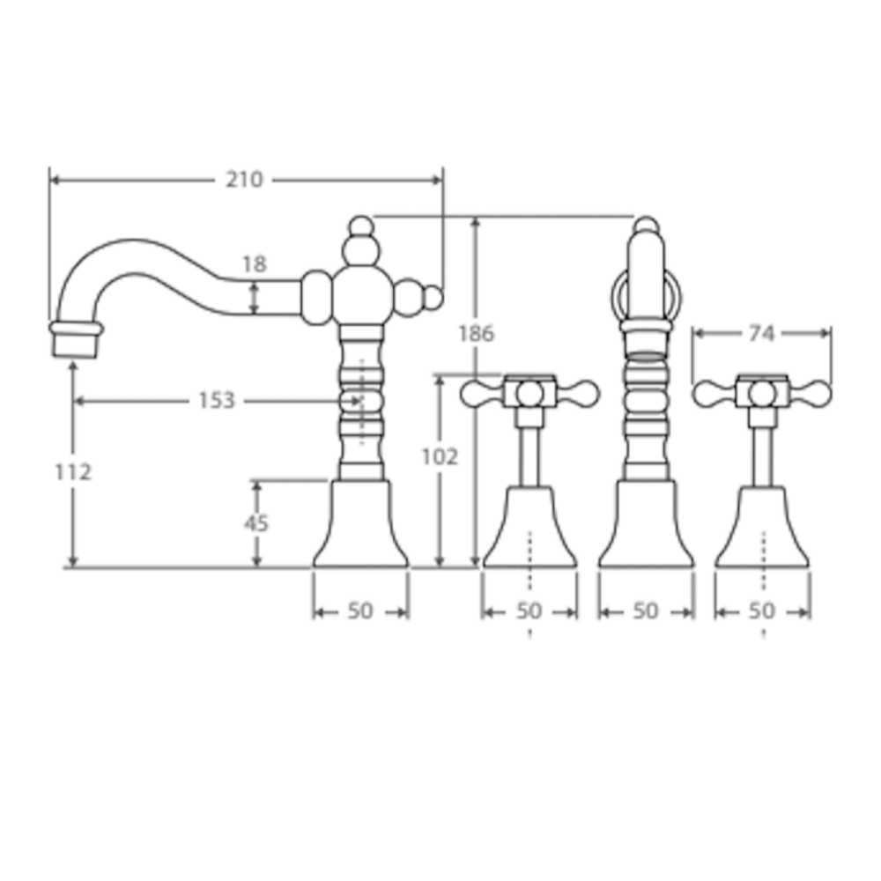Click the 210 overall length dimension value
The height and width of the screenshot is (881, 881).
coord(244,180)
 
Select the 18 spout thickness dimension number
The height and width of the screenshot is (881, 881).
coord(255,264)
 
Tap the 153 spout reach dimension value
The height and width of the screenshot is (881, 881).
coord(216,401)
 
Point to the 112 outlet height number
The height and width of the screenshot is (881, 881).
coord(73,471)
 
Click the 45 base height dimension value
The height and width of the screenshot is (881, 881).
coord(256,522)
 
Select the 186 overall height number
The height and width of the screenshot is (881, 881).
coord(477,333)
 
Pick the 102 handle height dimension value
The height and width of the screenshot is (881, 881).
coord(440,456)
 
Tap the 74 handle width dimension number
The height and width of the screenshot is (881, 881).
coord(761,333)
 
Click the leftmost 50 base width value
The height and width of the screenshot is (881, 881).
coord(360,611)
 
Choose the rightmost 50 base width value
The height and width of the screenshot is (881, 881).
coord(762,611)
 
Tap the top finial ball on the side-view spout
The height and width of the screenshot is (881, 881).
coord(360,226)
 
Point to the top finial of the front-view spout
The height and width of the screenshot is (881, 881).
coord(646,226)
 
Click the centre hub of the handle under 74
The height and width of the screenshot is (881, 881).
coord(762,393)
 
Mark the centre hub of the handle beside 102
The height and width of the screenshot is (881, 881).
coord(529,393)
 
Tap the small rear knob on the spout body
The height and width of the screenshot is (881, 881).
coord(431,299)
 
